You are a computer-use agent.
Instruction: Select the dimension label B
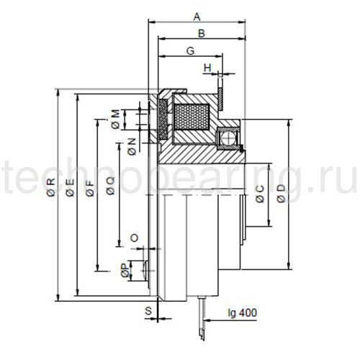point(202,33)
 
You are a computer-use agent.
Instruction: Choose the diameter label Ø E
point(70,189)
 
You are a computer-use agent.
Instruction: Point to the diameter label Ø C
point(260,193)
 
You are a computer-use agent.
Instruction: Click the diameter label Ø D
point(282,193)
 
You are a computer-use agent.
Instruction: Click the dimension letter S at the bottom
point(148,312)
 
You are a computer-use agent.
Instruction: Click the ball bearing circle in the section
point(228,135)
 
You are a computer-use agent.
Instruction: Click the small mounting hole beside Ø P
point(147,268)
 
